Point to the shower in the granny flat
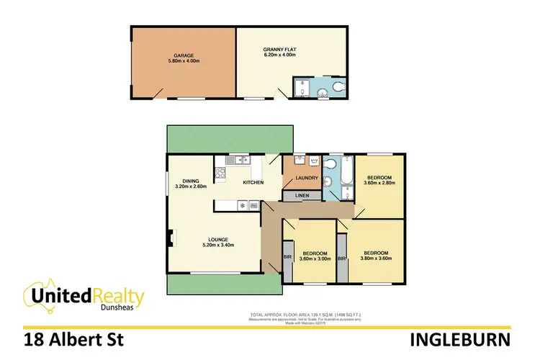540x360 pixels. [301, 89]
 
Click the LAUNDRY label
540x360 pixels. [297, 179]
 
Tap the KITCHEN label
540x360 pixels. [253, 183]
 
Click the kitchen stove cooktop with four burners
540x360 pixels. [220, 173]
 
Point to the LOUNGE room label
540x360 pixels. [220, 240]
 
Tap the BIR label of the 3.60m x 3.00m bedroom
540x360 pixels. [288, 258]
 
